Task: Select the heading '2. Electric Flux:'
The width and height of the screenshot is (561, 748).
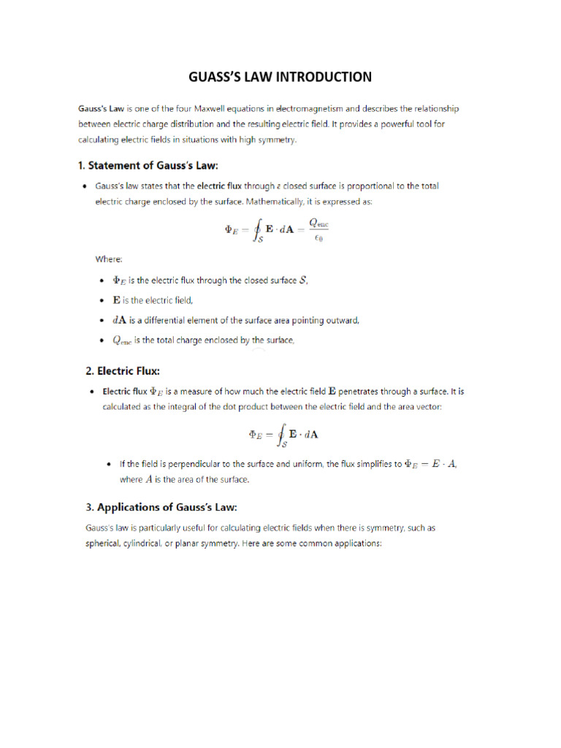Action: coord(123,370)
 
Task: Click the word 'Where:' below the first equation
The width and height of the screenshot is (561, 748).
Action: coord(109,259)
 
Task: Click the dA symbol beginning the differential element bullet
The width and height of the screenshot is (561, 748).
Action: coord(119,320)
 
